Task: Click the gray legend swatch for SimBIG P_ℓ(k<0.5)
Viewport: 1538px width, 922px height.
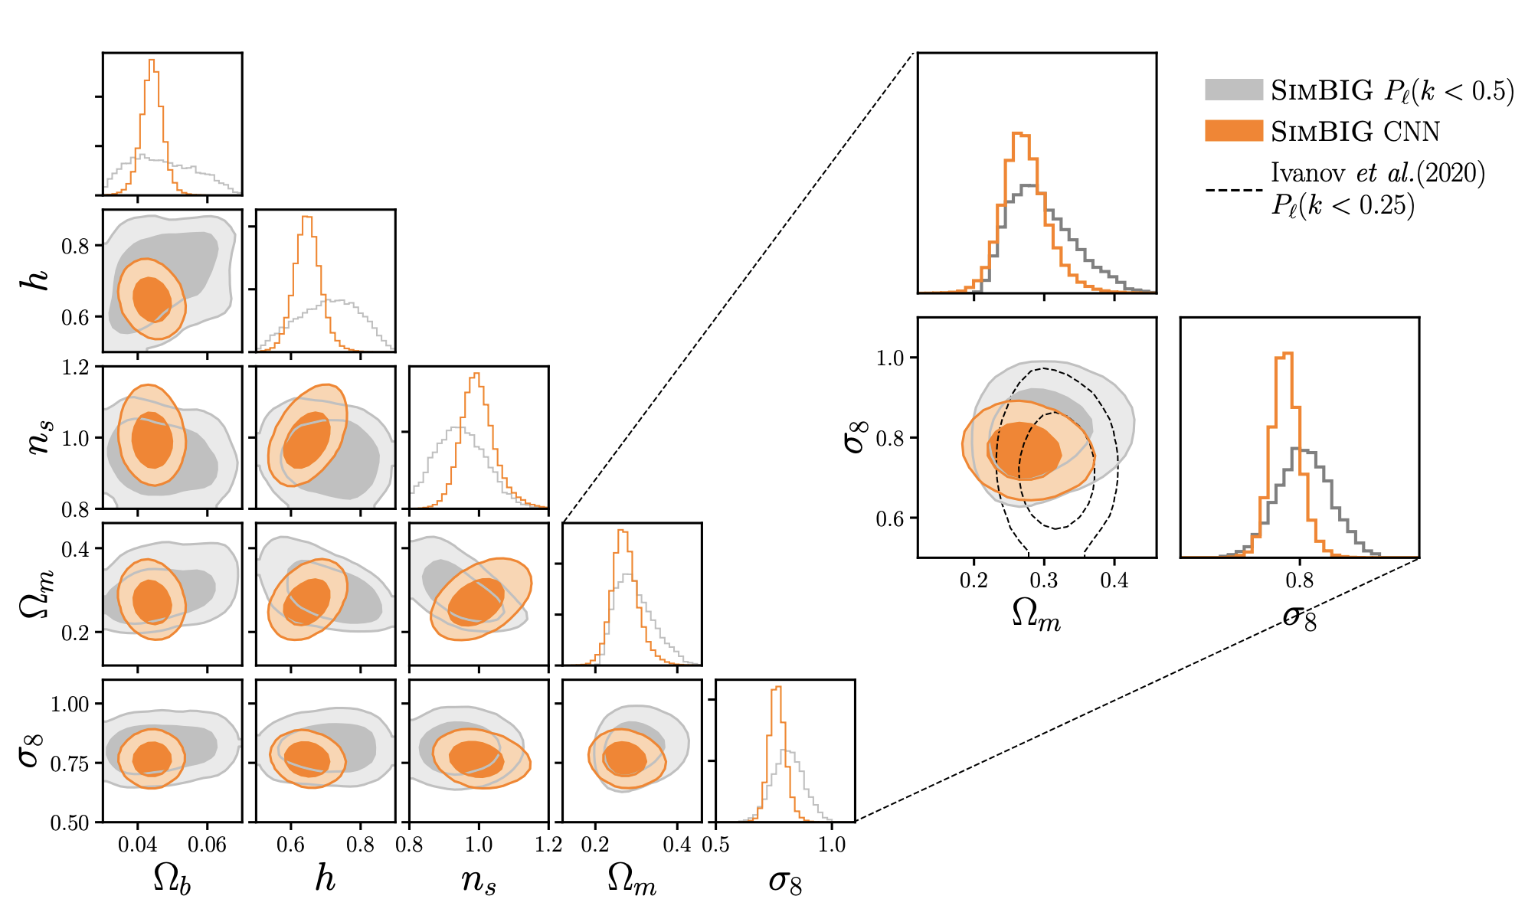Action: [x=1233, y=90]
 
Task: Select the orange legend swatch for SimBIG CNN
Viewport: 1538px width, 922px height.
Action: [x=1233, y=130]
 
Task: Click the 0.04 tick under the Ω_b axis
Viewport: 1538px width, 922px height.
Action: [x=138, y=845]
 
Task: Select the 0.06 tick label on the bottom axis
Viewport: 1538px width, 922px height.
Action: [x=207, y=845]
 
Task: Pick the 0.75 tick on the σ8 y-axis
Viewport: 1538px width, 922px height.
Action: [x=70, y=763]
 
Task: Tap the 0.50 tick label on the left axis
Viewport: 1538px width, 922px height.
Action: [x=70, y=823]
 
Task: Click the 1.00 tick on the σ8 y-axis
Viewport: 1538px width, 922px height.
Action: [x=70, y=704]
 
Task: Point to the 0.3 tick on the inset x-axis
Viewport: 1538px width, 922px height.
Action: [x=1044, y=580]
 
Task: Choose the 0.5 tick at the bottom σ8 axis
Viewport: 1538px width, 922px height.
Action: [x=715, y=845]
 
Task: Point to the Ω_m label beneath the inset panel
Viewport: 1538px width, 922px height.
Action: [x=1036, y=615]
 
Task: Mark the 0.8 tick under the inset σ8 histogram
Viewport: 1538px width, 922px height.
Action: [x=1300, y=580]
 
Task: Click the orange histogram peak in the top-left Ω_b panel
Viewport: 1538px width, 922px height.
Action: [x=152, y=60]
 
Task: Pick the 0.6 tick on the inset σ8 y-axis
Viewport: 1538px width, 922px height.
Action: [x=891, y=518]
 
